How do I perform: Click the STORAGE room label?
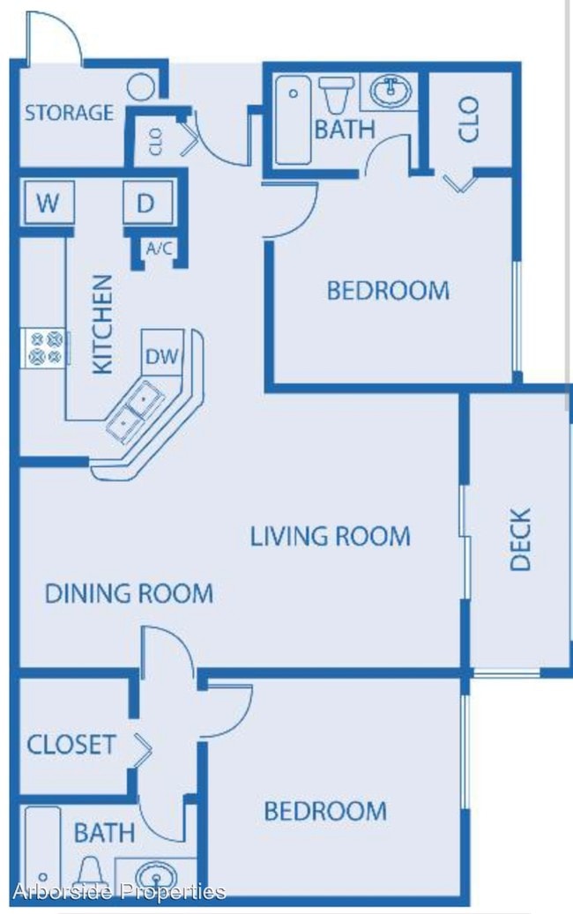69,113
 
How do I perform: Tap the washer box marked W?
48,203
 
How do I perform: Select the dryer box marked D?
148,203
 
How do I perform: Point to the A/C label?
160,249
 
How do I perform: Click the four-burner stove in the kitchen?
46,348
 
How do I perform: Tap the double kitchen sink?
135,409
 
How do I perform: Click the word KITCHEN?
102,324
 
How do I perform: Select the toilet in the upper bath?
337,94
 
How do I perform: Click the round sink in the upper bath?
390,91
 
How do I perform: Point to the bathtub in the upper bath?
293,120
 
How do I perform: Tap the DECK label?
520,539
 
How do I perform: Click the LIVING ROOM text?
330,536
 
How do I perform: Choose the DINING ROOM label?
129,593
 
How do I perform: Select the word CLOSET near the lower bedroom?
71,745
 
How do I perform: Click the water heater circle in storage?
140,87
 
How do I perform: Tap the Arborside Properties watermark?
120,891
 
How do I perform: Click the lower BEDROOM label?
325,811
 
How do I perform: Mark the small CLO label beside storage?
156,141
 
